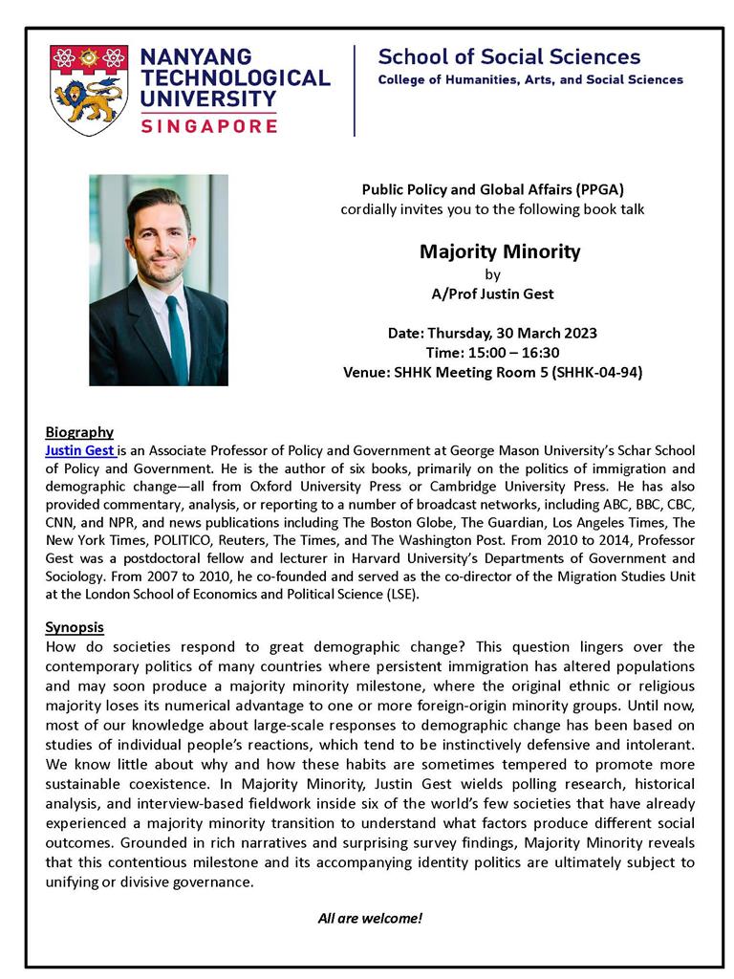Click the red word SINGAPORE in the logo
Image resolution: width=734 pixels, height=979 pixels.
pyautogui.click(x=208, y=124)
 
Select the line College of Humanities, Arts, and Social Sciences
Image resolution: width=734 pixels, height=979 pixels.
pyautogui.click(x=530, y=79)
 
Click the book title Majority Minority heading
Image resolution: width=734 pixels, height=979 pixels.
pyautogui.click(x=500, y=252)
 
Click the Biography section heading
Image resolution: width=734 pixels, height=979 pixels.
pyautogui.click(x=79, y=432)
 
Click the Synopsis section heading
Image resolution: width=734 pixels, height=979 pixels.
pyautogui.click(x=76, y=627)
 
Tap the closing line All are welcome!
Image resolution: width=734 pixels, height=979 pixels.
pyautogui.click(x=370, y=918)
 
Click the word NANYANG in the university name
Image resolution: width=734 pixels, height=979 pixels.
pyautogui.click(x=196, y=57)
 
